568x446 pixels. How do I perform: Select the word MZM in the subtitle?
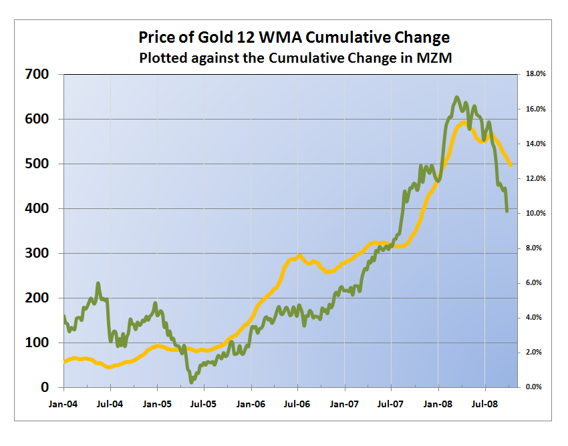434,57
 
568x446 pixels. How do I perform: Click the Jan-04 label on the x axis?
63,404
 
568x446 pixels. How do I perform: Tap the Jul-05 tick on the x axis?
204,404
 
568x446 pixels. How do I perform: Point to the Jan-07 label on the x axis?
345,404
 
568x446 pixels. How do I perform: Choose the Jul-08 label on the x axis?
485,404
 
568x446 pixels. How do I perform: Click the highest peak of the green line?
457,97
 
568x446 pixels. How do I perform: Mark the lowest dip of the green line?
192,382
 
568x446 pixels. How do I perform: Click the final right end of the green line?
507,212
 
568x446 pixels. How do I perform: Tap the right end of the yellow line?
511,166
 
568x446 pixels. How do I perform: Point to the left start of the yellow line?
64,362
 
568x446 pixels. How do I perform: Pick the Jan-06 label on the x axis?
251,404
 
